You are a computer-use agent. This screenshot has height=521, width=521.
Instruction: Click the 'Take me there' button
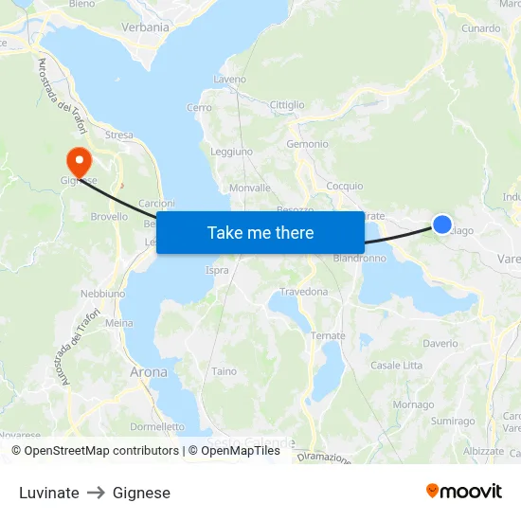pyautogui.click(x=260, y=232)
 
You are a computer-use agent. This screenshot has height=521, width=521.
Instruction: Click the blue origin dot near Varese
pyautogui.click(x=442, y=225)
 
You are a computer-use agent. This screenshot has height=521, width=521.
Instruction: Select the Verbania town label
pyautogui.click(x=145, y=27)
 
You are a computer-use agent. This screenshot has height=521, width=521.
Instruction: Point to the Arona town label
pyautogui.click(x=148, y=372)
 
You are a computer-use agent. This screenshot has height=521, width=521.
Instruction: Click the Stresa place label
pyautogui.click(x=119, y=135)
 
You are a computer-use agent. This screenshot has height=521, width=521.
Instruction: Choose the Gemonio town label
pyautogui.click(x=307, y=144)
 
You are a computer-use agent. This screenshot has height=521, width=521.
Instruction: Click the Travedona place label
pyautogui.click(x=303, y=292)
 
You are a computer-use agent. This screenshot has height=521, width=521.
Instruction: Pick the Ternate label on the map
pyautogui.click(x=328, y=336)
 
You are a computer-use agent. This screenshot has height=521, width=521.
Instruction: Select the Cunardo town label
pyautogui.click(x=480, y=28)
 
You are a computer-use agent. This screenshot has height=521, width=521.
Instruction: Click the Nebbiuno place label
pyautogui.click(x=102, y=294)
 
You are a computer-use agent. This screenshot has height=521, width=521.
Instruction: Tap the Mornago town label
pyautogui.click(x=413, y=404)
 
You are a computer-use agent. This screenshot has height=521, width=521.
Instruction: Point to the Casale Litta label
pyautogui.click(x=396, y=366)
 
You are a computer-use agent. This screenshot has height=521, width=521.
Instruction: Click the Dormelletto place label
pyautogui.click(x=157, y=426)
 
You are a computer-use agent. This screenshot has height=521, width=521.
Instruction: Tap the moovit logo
pyautogui.click(x=464, y=492)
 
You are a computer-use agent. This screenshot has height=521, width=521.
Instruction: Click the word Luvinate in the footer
pyautogui.click(x=49, y=493)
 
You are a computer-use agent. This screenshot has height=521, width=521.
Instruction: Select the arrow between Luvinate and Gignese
pyautogui.click(x=96, y=493)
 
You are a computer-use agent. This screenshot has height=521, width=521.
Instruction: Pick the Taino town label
pyautogui.click(x=225, y=371)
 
